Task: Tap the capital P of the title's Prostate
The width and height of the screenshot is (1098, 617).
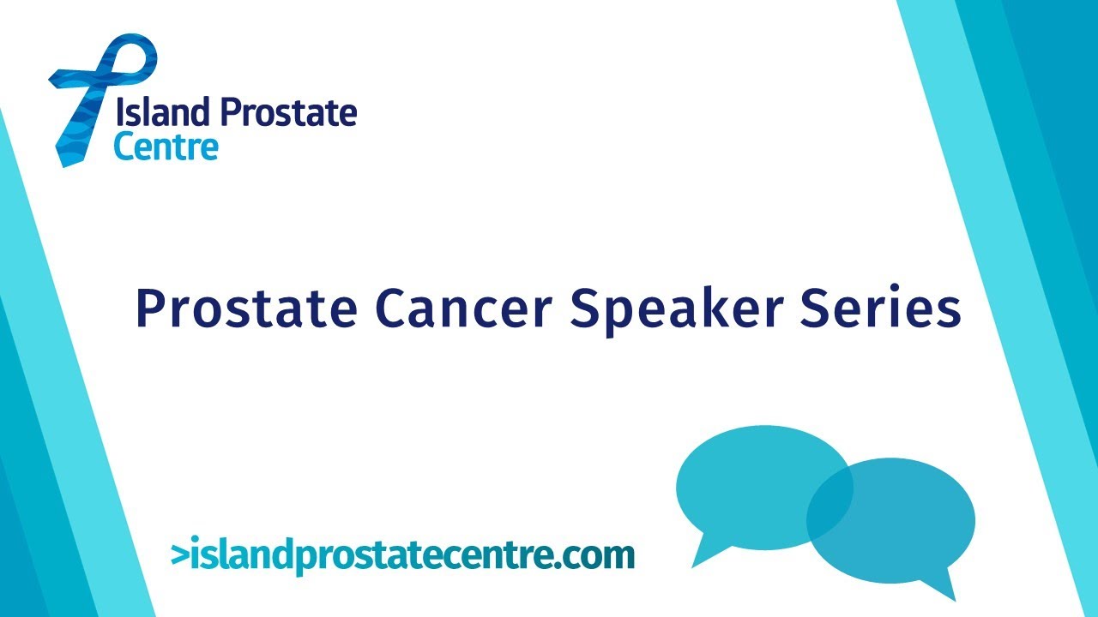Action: pos(151,308)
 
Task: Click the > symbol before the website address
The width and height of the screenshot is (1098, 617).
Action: pos(179,554)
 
